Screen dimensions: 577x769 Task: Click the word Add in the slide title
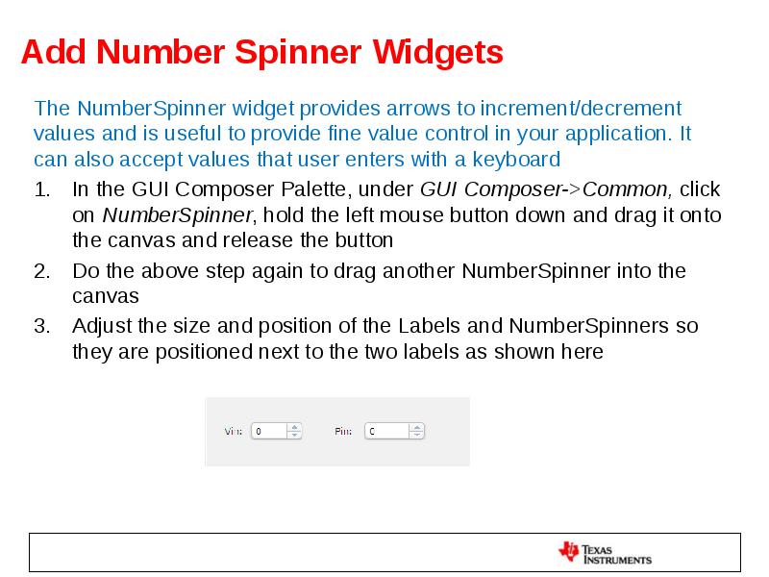54,52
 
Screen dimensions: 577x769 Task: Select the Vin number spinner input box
269,431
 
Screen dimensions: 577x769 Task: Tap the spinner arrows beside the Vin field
295,431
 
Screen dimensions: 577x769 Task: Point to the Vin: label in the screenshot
234,432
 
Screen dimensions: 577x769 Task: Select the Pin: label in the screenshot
343,432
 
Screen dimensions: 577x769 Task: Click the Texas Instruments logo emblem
569,552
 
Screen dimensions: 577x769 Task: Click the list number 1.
41,189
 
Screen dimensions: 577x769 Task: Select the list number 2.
41,271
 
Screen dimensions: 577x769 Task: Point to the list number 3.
41,326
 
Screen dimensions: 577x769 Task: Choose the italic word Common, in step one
629,189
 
